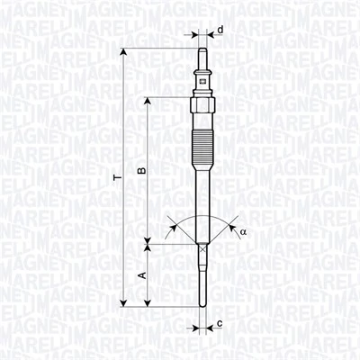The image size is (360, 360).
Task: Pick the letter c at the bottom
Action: tap(220, 323)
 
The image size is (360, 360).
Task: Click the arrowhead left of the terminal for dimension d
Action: tap(195, 35)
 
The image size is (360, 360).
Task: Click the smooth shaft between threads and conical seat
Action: tap(204, 202)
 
